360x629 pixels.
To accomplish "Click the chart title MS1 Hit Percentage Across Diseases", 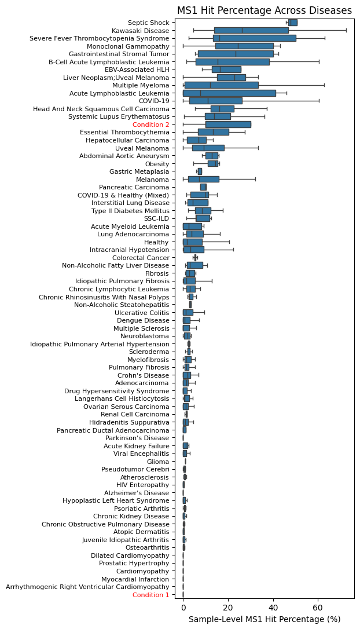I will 264,10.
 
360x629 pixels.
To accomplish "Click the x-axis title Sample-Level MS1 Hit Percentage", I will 265,619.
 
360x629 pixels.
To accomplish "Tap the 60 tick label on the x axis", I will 318,608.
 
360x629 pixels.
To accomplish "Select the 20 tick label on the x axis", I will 228,608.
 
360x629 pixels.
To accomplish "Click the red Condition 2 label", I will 150,125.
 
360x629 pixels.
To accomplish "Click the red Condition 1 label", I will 150,595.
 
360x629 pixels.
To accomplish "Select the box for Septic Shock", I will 293,23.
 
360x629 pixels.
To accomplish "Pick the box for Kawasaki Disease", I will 251,30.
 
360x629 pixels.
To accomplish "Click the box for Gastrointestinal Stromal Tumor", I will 236,54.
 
